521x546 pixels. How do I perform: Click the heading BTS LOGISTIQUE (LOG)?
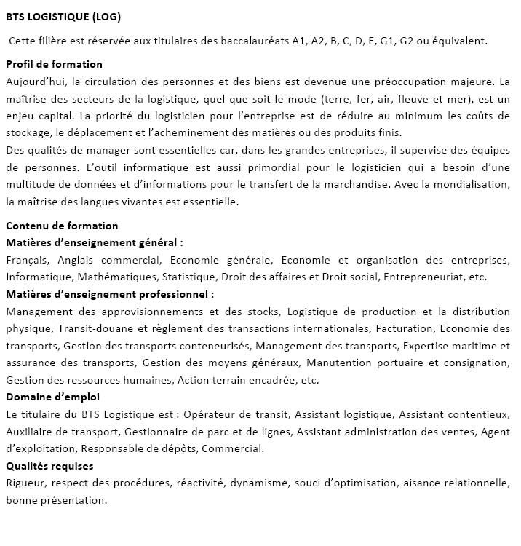click(x=63, y=17)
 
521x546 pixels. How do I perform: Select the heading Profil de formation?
click(x=54, y=64)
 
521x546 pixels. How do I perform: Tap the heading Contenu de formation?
click(x=62, y=226)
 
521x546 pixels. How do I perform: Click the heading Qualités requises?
click(x=49, y=466)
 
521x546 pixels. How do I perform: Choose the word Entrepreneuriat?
click(x=423, y=277)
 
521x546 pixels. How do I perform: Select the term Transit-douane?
click(x=94, y=328)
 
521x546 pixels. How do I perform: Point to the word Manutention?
click(x=338, y=363)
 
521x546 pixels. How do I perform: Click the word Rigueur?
click(x=25, y=483)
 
